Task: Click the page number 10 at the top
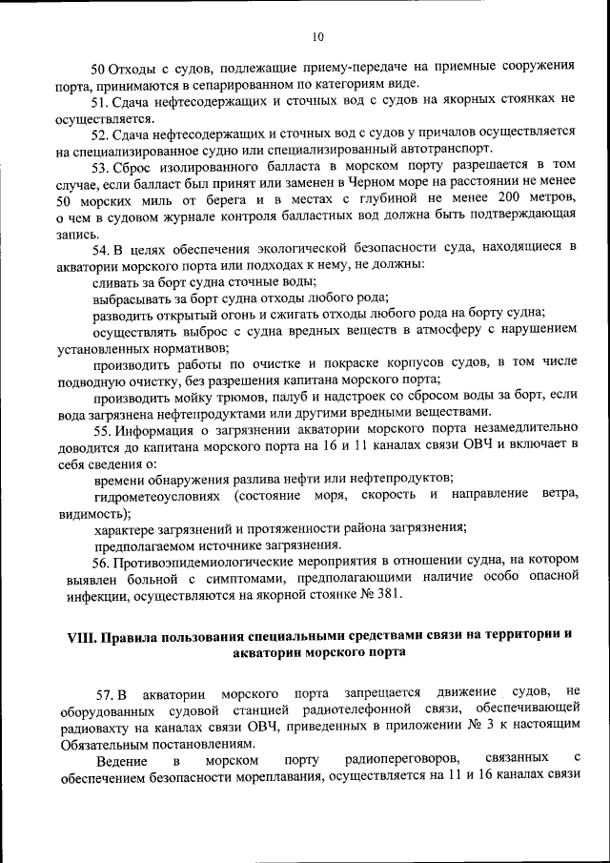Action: pyautogui.click(x=317, y=37)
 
